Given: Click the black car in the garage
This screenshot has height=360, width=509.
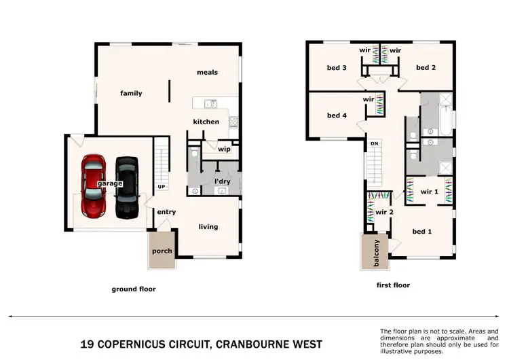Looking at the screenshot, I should [x=126, y=187].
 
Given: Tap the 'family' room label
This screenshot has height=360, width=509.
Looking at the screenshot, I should [x=131, y=93].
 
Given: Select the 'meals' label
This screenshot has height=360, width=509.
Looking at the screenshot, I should [x=207, y=72].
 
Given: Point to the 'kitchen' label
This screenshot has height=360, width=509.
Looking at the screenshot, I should [x=206, y=122].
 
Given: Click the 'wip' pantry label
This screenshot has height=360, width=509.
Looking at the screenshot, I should [x=225, y=149].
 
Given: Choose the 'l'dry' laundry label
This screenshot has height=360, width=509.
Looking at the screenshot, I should [x=223, y=181].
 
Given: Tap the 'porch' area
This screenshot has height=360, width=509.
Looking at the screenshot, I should [x=162, y=251].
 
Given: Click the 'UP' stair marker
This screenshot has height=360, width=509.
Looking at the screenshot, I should [x=162, y=187].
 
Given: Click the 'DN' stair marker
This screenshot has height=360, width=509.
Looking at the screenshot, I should [x=374, y=144].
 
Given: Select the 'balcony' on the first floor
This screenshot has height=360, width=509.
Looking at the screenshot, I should [x=375, y=253].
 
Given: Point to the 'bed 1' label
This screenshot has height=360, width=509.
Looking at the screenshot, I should [x=422, y=232].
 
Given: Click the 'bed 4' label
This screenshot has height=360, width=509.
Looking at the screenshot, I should [x=337, y=115].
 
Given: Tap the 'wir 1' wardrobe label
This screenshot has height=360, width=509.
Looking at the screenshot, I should [x=429, y=192].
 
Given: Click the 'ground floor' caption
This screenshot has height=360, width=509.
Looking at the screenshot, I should [x=134, y=289].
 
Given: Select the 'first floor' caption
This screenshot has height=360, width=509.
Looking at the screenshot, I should [x=393, y=285].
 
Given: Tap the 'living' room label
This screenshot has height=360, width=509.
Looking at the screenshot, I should [x=208, y=226].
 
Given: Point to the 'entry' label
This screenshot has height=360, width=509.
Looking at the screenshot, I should [x=166, y=212].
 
